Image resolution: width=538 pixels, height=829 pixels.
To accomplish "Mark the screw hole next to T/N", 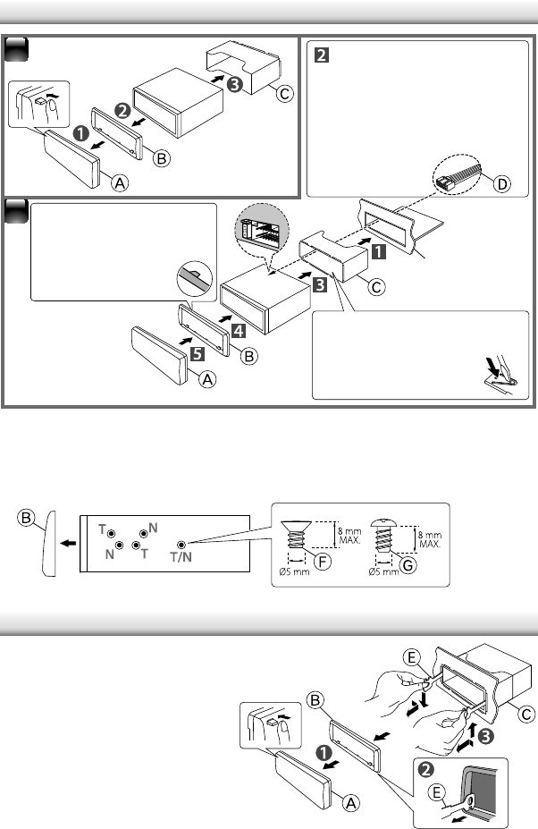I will point(181,544).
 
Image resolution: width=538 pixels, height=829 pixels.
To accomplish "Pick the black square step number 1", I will point(380,251).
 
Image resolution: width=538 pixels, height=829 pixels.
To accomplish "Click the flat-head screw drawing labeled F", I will point(301,542).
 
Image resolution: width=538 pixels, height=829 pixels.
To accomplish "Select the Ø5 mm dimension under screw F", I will point(295,572).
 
